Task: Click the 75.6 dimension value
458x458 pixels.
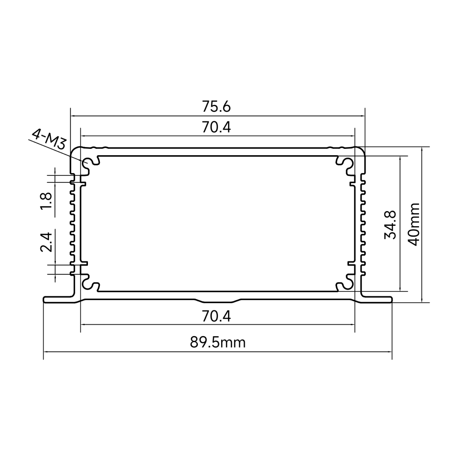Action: tap(216, 107)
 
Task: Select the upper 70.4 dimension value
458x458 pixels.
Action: tap(216, 127)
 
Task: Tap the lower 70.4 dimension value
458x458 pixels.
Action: tap(216, 316)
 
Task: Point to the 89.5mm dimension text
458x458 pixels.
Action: tap(218, 342)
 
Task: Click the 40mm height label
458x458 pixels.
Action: tap(414, 224)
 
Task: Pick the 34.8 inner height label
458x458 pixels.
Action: tap(390, 224)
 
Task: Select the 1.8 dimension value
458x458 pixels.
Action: tap(46, 201)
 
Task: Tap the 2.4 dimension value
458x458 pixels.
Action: tap(46, 242)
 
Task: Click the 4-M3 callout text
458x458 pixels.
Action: tap(49, 139)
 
